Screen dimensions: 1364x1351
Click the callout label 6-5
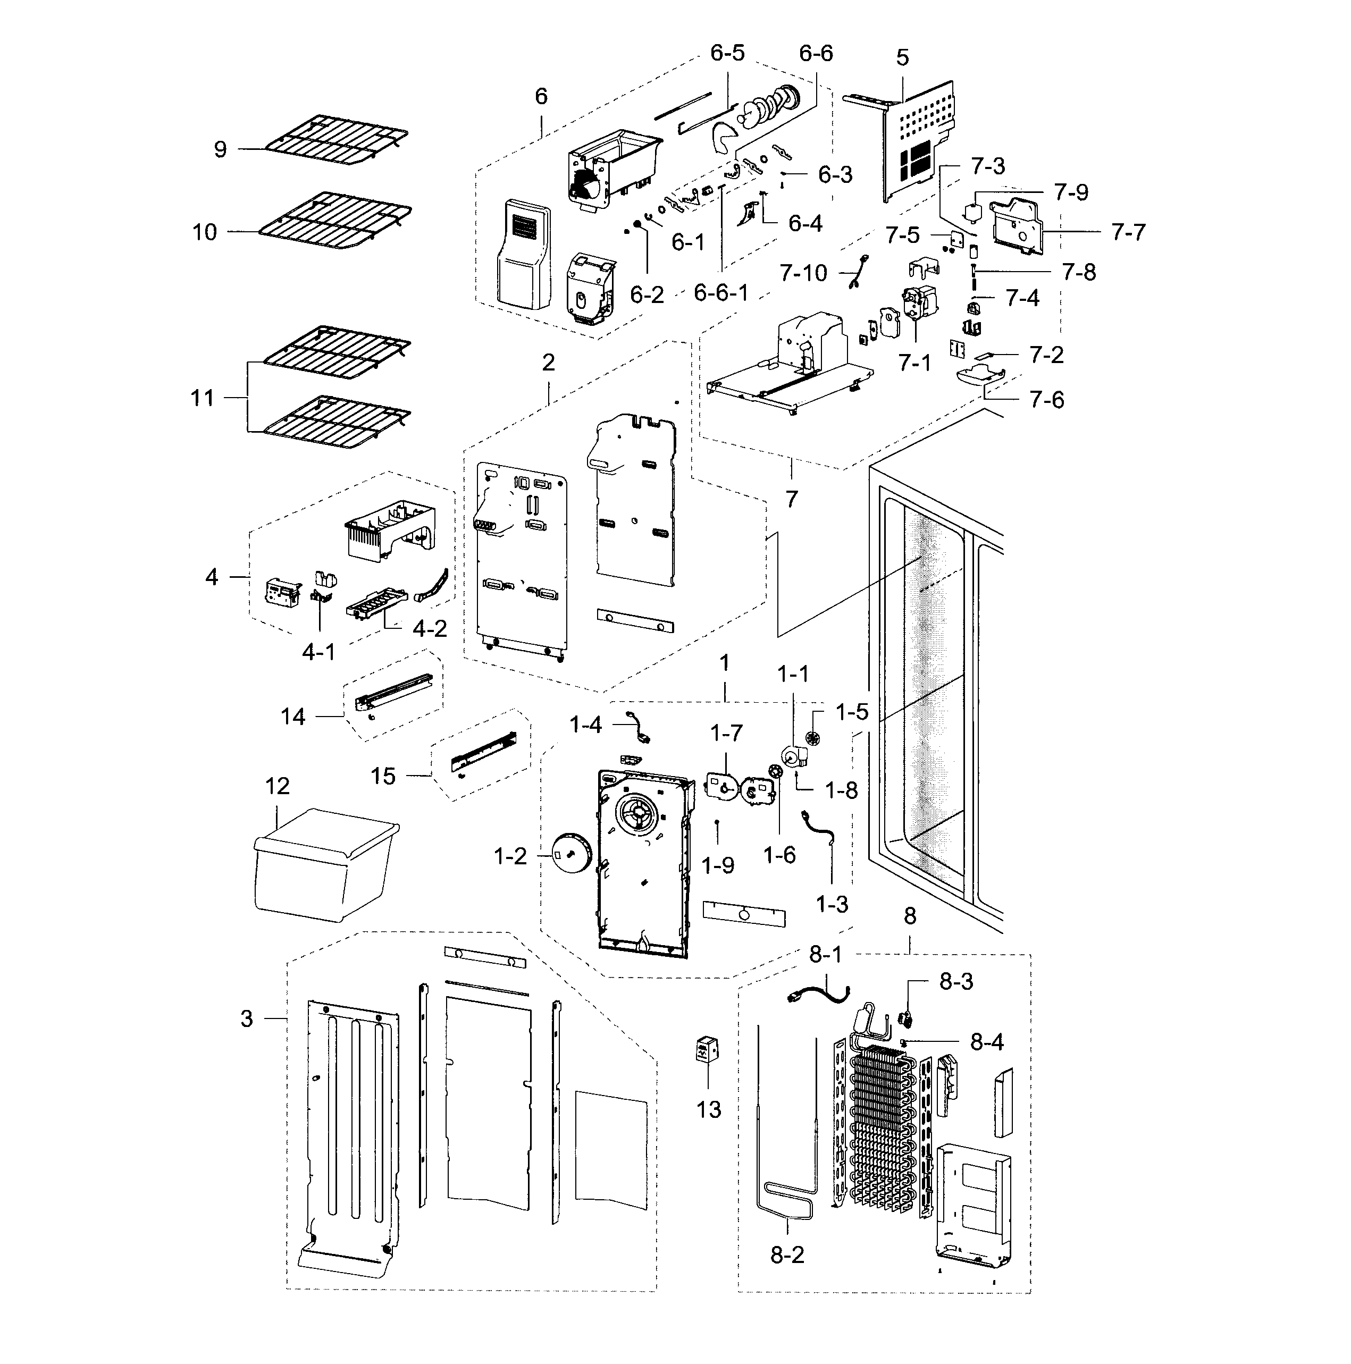pos(727,54)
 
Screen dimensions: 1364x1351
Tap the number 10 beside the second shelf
pos(205,232)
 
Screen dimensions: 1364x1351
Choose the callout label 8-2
pos(787,1254)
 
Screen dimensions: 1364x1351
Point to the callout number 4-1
pos(318,652)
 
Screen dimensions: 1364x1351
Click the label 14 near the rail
pos(292,717)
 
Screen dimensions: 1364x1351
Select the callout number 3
pos(247,1019)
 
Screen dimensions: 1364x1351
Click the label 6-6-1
pos(720,292)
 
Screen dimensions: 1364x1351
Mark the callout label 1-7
pos(726,733)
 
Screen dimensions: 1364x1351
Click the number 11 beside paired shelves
pos(203,398)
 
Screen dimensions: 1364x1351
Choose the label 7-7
pos(1127,232)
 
